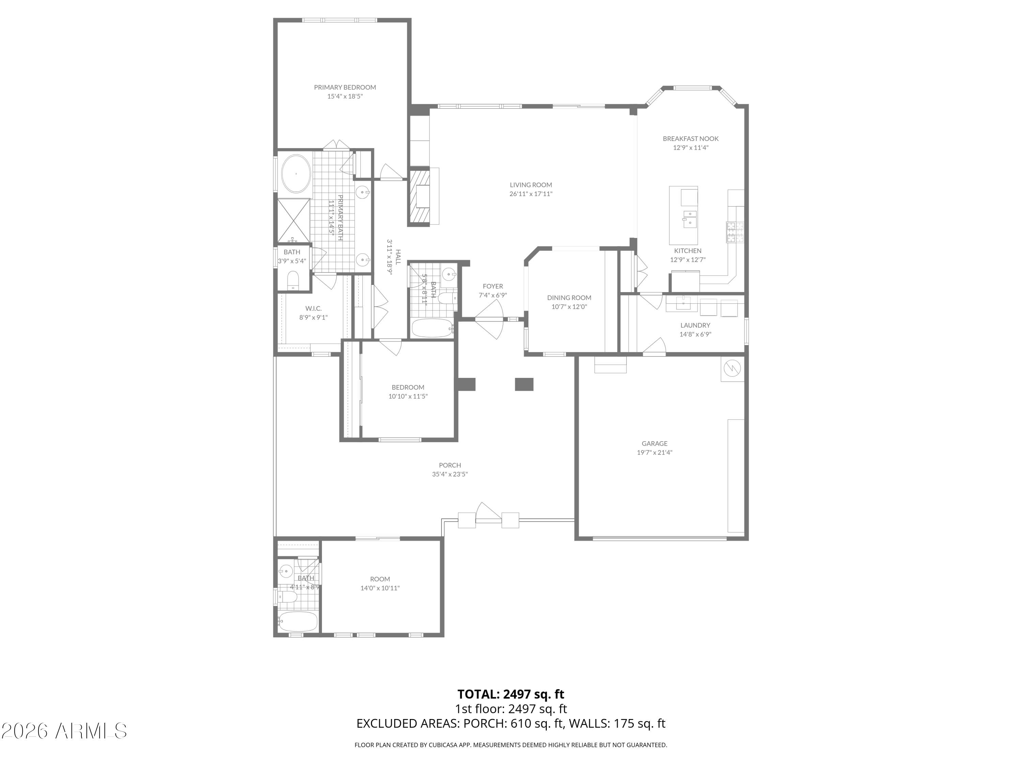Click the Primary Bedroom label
pos(345,87)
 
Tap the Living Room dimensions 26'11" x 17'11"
pos(531,194)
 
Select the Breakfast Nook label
pos(691,139)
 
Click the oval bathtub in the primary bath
pos(296,174)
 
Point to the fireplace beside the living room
pos(419,197)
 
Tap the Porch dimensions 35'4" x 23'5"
pos(450,474)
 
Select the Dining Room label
pos(569,298)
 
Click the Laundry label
pos(695,325)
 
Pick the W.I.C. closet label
pos(313,308)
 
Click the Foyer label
pos(493,286)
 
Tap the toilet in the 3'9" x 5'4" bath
pos(293,280)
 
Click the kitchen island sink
pos(690,219)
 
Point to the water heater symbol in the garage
pos(732,368)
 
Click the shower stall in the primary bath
pos(293,220)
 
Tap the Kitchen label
pos(687,251)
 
